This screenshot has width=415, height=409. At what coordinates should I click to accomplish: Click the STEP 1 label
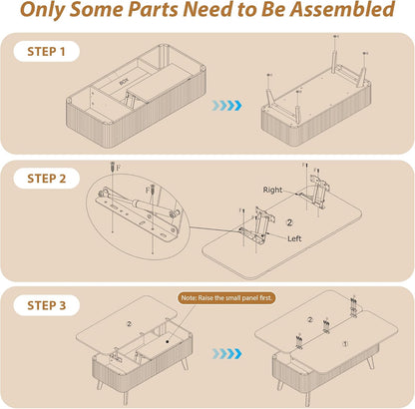coord(46,52)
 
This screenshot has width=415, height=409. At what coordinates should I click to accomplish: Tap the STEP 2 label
coord(47,179)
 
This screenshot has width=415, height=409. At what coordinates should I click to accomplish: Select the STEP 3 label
coord(47,305)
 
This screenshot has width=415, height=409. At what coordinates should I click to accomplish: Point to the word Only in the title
coord(42,10)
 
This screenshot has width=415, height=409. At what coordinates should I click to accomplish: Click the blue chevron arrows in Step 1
coord(227,106)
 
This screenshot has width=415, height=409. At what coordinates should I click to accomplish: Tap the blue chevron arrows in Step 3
coord(227,354)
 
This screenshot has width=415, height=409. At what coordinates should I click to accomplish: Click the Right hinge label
coord(272,190)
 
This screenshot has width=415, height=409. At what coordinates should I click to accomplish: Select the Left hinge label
coord(294,238)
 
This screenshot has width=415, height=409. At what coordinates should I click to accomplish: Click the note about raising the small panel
coord(226,298)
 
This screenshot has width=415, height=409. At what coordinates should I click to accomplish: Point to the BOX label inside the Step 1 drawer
coord(124,82)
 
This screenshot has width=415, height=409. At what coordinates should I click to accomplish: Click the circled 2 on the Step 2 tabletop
coord(289,222)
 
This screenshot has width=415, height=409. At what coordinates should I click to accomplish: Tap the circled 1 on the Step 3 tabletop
coord(345,343)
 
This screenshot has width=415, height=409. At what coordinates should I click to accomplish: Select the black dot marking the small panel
coord(168,341)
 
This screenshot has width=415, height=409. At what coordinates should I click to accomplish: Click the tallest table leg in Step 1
coord(335,63)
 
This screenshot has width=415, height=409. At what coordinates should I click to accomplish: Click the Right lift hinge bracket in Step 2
coord(316,192)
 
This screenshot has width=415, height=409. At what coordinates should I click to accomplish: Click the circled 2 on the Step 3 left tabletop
coord(130,324)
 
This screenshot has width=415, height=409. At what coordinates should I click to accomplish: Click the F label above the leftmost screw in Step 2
coord(118,168)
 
